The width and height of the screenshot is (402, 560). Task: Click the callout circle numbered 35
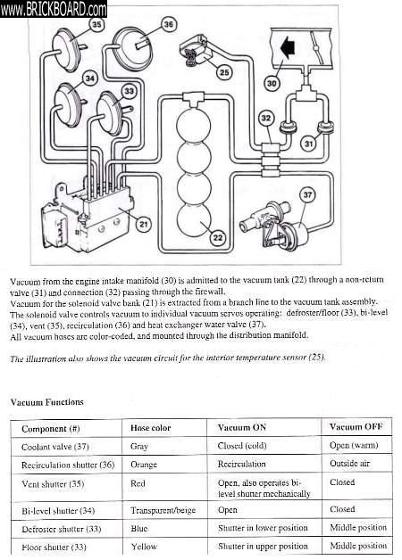(96, 25)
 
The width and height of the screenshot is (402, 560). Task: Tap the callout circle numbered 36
(168, 24)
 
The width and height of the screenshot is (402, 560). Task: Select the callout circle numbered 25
(224, 72)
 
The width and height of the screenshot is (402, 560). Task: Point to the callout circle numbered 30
(272, 83)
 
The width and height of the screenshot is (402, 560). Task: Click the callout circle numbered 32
(266, 119)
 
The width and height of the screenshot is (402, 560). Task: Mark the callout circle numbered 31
(309, 144)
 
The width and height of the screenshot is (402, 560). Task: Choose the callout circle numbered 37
(307, 194)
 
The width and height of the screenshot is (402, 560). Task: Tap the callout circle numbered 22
(218, 237)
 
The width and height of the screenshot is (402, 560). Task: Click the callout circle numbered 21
(144, 225)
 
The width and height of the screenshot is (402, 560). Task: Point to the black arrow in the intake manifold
(287, 49)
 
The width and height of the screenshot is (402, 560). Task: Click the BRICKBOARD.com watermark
(54, 9)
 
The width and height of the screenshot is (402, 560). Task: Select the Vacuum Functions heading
(46, 402)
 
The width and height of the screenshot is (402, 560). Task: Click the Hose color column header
(151, 428)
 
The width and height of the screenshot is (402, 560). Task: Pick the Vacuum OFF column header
(356, 427)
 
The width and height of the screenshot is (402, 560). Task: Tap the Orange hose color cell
(144, 465)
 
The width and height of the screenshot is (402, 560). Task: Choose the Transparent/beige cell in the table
(163, 510)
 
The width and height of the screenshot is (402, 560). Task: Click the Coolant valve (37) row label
(55, 447)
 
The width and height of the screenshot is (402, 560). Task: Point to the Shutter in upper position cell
(263, 546)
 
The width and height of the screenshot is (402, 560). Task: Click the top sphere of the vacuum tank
(194, 126)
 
